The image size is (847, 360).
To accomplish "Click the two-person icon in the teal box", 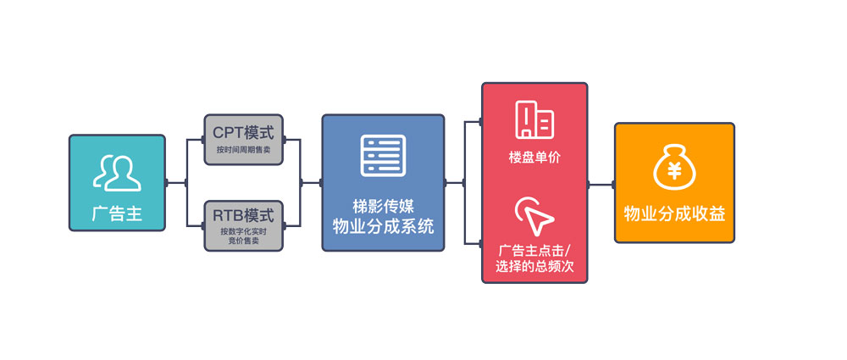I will [x=116, y=172].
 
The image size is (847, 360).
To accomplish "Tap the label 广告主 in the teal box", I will [x=117, y=214].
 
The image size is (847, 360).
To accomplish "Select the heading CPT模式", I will [x=243, y=133].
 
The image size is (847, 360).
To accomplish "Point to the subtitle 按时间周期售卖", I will [x=243, y=150].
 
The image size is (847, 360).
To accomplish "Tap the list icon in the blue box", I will [x=383, y=155].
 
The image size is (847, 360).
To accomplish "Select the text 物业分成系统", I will [x=383, y=226].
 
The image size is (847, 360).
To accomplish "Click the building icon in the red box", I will [x=534, y=120].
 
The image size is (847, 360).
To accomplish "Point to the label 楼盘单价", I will [x=534, y=158].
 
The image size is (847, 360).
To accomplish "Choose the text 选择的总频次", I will [x=534, y=269].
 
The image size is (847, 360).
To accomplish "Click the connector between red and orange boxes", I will [x=601, y=183].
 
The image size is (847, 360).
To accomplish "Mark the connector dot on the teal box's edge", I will [x=166, y=182].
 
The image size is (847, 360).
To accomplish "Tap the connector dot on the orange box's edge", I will [x=615, y=183].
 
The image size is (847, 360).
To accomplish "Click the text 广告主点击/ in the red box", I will [x=534, y=252].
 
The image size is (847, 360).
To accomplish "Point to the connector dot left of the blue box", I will [x=322, y=182].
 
